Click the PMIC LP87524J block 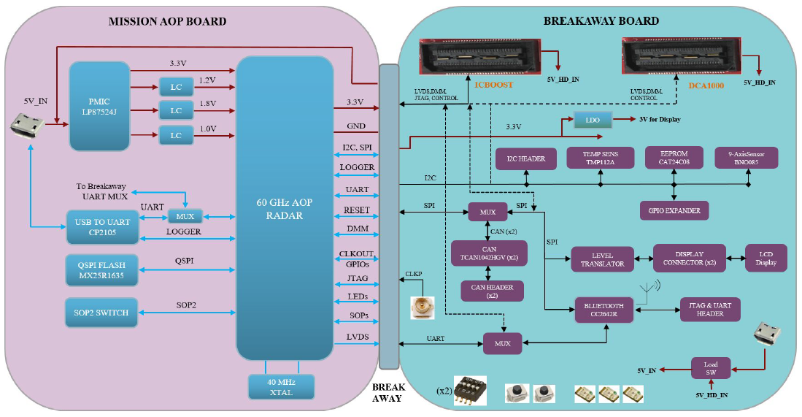[x=99, y=107]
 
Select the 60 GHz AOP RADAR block [x=285, y=208]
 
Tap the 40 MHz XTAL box [x=281, y=386]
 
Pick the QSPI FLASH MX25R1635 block [x=99, y=269]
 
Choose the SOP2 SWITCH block [x=99, y=313]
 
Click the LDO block [x=592, y=120]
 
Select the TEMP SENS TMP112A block [x=597, y=158]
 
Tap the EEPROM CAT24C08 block [x=673, y=158]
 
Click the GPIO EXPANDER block [x=674, y=211]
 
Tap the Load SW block [x=710, y=367]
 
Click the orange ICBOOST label [x=495, y=85]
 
